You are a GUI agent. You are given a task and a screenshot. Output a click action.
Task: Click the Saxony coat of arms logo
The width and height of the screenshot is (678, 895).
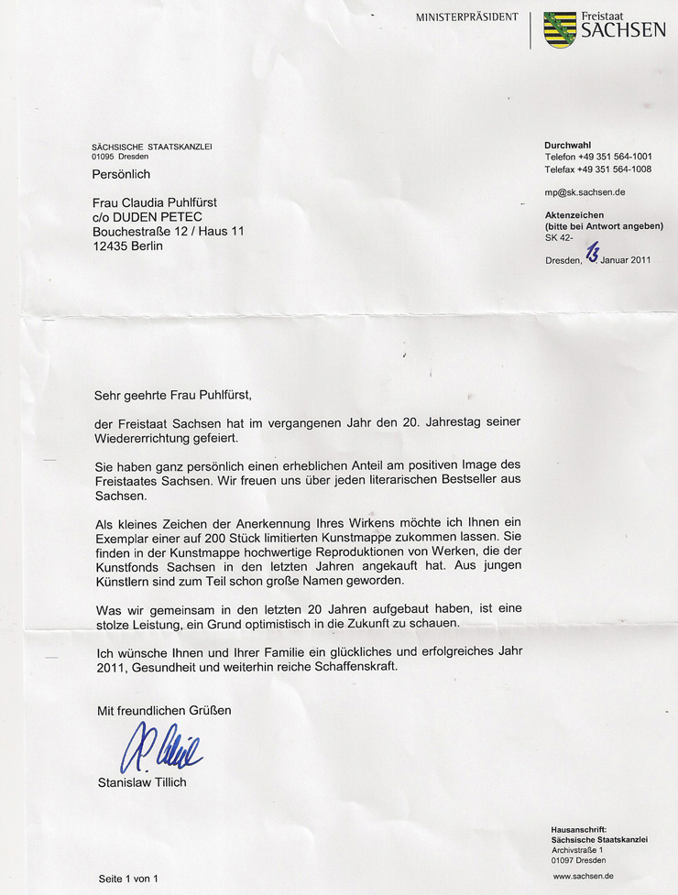[x=560, y=29]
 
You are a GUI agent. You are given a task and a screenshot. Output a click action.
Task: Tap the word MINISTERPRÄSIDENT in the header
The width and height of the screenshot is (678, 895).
[x=466, y=17]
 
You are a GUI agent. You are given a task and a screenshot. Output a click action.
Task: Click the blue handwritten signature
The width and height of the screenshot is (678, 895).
[x=162, y=748]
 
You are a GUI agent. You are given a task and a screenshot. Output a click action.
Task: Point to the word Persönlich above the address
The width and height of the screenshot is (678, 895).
[x=121, y=174]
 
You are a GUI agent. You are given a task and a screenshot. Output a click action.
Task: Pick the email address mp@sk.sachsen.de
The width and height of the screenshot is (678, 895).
[x=585, y=192]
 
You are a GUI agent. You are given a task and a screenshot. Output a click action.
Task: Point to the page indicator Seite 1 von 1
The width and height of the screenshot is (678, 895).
[x=129, y=879]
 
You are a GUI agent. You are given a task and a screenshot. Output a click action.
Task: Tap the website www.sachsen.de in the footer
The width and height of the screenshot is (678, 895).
[x=583, y=877]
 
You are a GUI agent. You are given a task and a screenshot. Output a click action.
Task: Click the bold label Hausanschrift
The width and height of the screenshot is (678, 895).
[x=579, y=829]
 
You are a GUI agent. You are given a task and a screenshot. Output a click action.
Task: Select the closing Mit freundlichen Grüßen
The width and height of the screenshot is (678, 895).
[x=164, y=710]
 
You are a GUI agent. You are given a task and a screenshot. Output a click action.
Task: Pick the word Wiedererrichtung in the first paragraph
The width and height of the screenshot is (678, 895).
[x=141, y=438]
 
